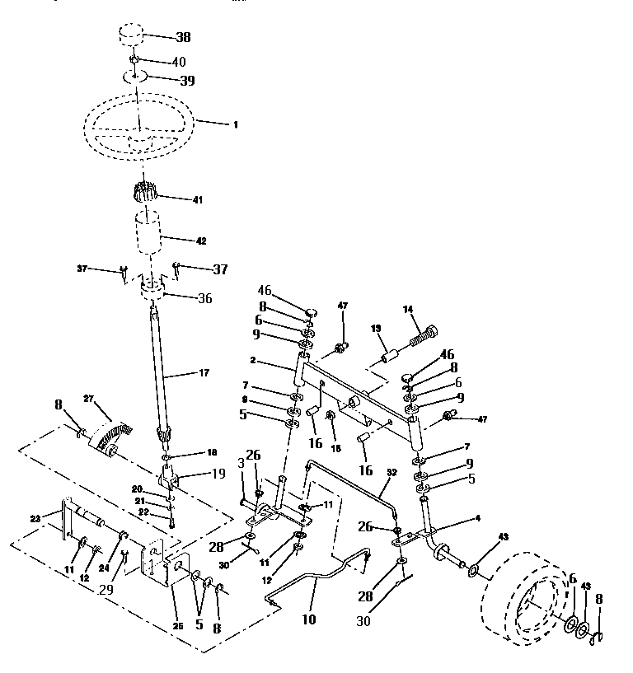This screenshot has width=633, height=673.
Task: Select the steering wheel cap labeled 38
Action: [x=129, y=38]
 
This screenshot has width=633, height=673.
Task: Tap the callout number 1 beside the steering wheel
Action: [x=235, y=124]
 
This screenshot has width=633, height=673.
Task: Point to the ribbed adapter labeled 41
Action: [x=143, y=196]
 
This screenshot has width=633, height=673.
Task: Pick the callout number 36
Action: [x=204, y=298]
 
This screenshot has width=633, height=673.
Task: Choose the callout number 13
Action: [x=377, y=329]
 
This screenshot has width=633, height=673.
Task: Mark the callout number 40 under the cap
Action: [x=179, y=61]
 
